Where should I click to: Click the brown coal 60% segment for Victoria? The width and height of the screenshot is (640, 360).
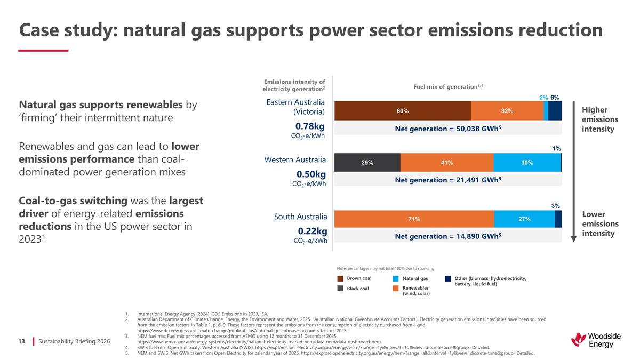402,111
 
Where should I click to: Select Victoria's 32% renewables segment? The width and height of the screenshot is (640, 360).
507,111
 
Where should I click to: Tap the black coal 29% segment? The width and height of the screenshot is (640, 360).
367,163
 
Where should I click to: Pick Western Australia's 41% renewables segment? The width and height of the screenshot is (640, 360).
446,163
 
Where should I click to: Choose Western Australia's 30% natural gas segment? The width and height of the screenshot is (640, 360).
527,163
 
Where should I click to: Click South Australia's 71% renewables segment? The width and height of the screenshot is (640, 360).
414,219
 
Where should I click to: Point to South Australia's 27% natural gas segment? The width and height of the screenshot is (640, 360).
524,219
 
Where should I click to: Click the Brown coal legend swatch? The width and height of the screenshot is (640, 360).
340,278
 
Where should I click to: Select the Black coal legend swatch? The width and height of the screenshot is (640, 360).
340,289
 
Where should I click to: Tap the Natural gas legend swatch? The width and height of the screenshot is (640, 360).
396,278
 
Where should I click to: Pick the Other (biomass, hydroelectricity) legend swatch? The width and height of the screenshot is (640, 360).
448,278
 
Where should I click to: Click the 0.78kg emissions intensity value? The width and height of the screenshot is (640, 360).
311,126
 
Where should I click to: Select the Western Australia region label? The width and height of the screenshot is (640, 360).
295,159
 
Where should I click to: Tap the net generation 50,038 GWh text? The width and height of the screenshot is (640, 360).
448,129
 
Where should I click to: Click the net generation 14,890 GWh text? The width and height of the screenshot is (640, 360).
448,235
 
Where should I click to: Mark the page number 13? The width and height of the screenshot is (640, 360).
22,340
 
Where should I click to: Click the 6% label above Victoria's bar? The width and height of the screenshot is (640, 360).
555,97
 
